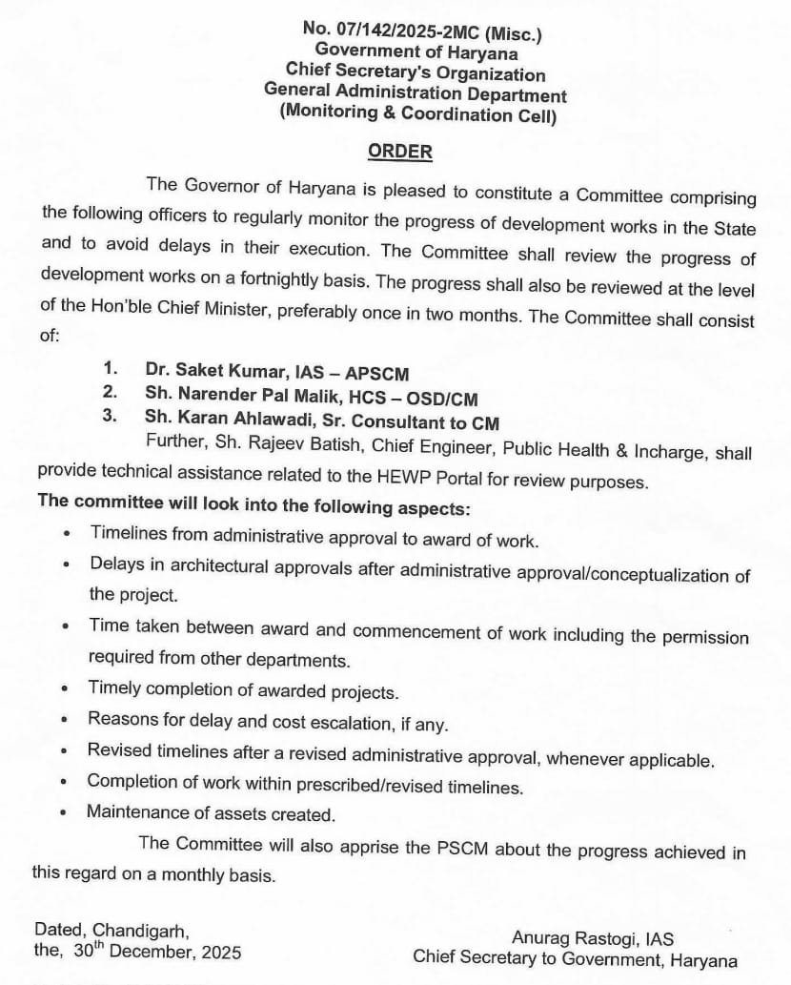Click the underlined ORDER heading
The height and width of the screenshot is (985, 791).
(400, 152)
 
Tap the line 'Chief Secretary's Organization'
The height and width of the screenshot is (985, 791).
(416, 73)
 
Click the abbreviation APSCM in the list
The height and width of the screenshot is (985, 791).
(375, 372)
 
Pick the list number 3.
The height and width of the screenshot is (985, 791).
(111, 416)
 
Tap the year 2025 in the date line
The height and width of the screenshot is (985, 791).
(215, 953)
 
